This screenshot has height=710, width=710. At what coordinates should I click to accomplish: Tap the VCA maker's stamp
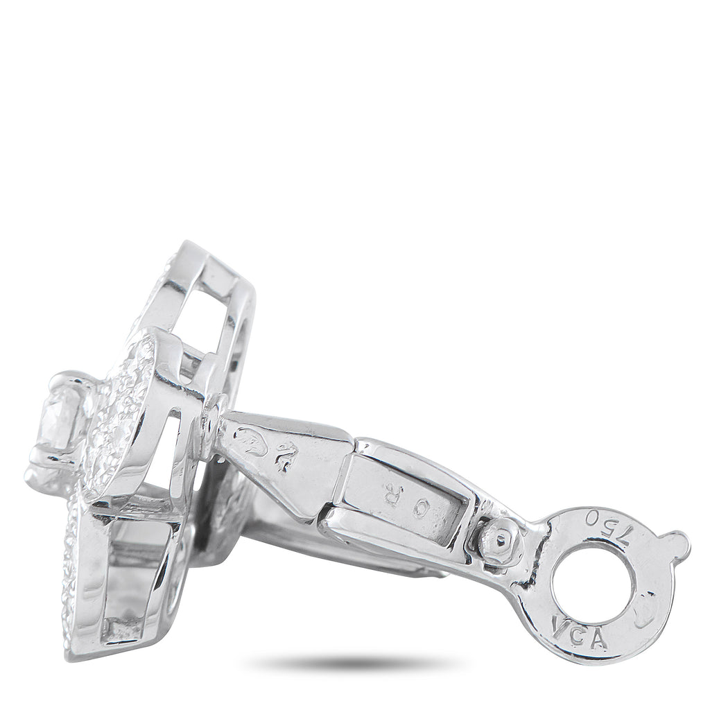(x=571, y=632)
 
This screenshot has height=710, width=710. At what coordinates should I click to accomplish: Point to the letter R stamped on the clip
(x=393, y=494)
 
